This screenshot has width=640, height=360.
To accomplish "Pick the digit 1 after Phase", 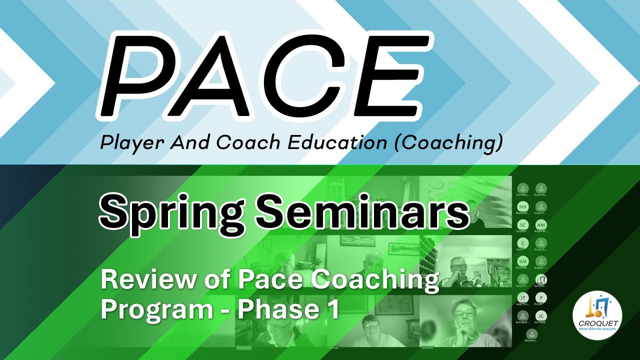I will point(329,308).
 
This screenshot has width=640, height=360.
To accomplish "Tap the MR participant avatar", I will point(523,207).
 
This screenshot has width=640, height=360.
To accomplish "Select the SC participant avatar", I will point(523,225).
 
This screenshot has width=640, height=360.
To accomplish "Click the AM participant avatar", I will point(540,225).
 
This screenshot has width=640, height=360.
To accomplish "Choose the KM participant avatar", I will point(523,261).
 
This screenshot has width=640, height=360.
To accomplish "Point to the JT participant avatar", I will point(523,298).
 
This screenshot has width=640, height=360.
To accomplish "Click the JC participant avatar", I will point(540,316).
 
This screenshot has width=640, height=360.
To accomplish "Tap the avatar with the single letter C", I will point(523,243).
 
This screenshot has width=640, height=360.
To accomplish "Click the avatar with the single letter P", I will point(540,298).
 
